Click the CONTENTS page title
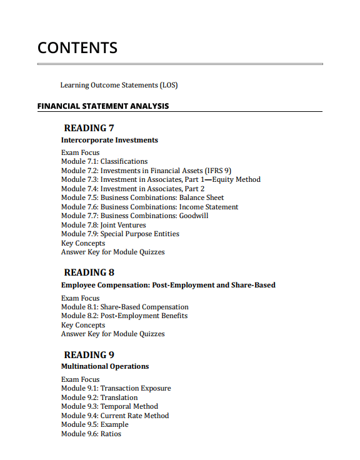(x=77, y=47)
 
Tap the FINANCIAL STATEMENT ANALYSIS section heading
(x=103, y=106)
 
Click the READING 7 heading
(x=89, y=128)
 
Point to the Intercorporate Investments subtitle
(x=109, y=140)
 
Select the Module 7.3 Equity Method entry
(x=161, y=179)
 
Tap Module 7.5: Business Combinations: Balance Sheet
(x=142, y=197)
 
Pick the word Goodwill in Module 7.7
(x=194, y=216)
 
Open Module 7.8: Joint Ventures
(x=103, y=225)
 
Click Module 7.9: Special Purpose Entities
(x=120, y=234)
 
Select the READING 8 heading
(x=89, y=272)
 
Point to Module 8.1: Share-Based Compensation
(x=124, y=307)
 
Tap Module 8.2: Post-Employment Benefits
(x=124, y=316)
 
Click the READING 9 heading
(x=89, y=355)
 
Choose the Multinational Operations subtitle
(x=105, y=366)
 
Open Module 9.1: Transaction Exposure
(x=116, y=388)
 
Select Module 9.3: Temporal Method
(x=109, y=406)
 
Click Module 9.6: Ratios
(x=91, y=434)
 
